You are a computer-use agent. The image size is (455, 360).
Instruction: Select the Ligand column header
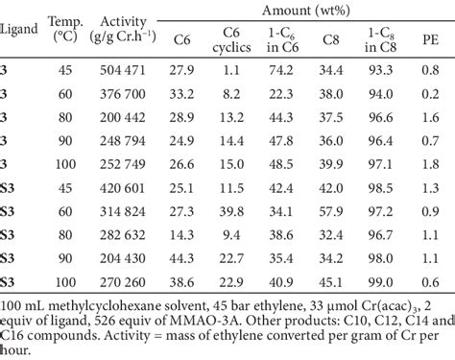point(19,29)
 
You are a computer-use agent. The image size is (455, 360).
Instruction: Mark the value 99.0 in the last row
point(379,282)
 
